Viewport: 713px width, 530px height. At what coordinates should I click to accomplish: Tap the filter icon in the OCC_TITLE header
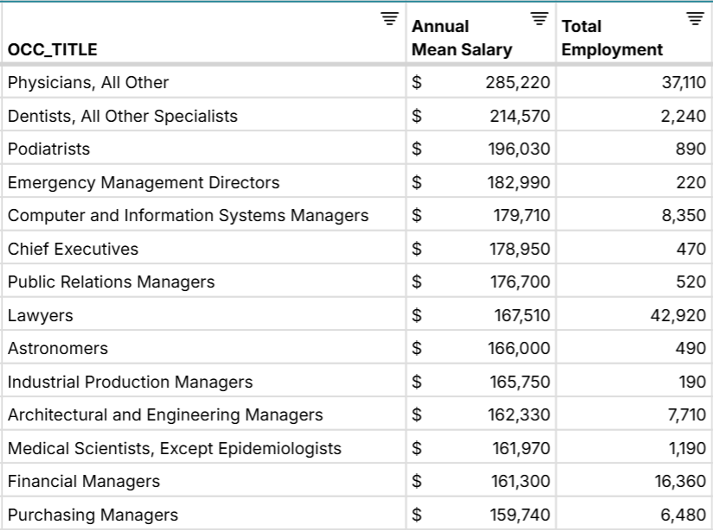click(390, 19)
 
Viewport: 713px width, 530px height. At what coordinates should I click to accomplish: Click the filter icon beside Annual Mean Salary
click(539, 19)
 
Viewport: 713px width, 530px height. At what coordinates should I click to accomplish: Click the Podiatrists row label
click(49, 149)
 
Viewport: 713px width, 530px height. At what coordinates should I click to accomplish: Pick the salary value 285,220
click(518, 82)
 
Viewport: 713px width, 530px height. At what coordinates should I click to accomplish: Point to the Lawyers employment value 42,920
click(678, 315)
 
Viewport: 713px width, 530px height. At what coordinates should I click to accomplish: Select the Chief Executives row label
click(73, 249)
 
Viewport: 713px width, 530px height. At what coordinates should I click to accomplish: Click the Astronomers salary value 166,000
click(519, 348)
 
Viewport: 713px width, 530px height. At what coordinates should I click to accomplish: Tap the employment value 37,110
click(684, 82)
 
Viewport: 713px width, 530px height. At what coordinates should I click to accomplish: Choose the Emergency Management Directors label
click(144, 183)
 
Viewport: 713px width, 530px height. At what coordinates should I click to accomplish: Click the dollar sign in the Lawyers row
click(417, 315)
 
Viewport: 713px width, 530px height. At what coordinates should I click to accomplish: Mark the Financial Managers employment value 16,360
click(680, 481)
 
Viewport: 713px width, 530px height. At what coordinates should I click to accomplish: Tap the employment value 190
click(692, 382)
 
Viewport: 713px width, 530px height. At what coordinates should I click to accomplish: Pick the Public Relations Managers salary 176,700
click(520, 282)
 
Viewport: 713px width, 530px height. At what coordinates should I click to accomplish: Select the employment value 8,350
click(683, 215)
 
